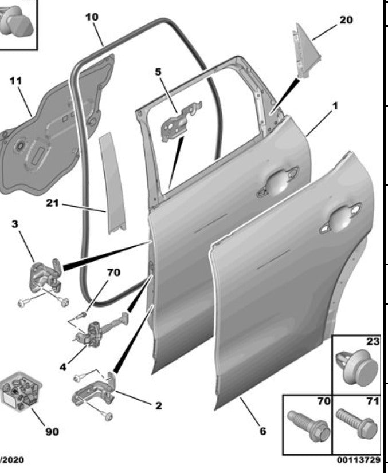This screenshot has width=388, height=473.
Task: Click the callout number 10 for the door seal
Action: [x=92, y=17]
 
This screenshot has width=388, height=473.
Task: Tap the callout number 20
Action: [x=346, y=19]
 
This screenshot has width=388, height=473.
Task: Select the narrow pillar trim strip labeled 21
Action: [x=112, y=183]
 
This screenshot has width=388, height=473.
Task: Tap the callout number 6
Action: [x=262, y=431]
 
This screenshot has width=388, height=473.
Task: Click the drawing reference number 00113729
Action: [x=359, y=460]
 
